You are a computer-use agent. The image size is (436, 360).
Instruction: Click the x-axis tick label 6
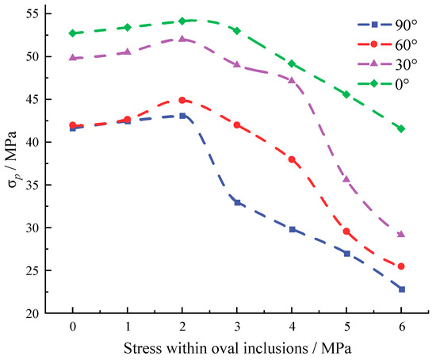click(x=402, y=327)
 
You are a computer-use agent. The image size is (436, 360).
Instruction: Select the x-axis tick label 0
click(x=73, y=327)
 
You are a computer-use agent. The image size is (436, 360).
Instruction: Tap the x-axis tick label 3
click(x=237, y=327)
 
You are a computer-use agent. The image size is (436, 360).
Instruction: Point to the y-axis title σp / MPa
click(x=12, y=163)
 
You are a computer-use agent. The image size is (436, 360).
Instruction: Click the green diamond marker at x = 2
click(x=182, y=21)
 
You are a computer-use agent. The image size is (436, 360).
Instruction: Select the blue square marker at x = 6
click(x=402, y=289)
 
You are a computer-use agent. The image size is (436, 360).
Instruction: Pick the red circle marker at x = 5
click(x=347, y=232)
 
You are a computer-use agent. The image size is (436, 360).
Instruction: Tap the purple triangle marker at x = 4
click(x=292, y=80)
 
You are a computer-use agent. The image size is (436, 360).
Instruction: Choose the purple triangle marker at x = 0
click(x=73, y=57)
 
